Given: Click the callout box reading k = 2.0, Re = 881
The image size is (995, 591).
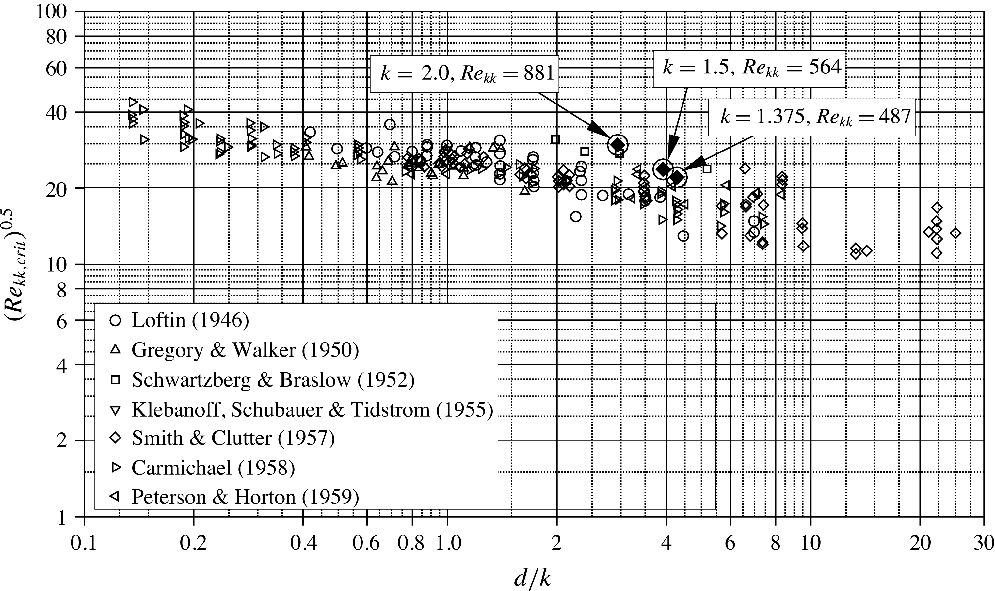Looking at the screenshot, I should coord(465,74).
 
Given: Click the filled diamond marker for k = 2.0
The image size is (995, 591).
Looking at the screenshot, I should coord(618,145).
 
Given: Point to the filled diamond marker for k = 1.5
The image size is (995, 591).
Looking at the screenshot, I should coord(663,169).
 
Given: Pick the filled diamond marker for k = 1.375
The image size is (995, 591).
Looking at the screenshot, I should coord(677,176).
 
